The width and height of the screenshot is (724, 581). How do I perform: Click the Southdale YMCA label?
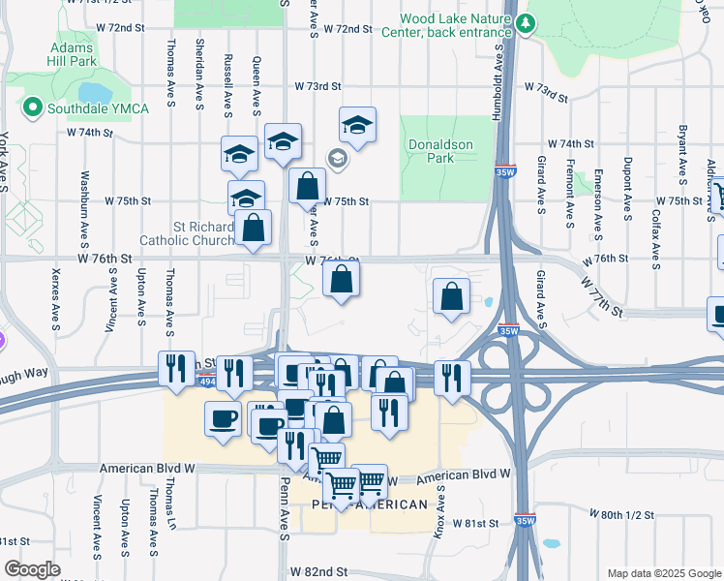[x=97, y=107]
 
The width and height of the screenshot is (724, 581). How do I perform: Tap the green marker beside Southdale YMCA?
[x=32, y=107]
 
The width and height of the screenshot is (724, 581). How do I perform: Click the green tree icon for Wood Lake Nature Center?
[x=525, y=22]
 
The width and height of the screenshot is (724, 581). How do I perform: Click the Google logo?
[x=32, y=569]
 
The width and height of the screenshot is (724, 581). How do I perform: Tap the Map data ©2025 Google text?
[x=663, y=573]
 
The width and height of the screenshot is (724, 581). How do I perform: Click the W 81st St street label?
[x=471, y=523]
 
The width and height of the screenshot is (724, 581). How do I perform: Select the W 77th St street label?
[x=602, y=293]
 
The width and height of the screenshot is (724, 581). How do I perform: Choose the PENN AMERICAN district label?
[x=370, y=505]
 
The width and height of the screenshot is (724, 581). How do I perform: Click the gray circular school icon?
[x=337, y=158]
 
